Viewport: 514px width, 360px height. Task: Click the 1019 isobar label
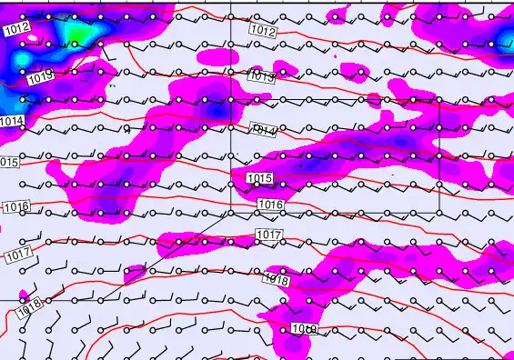coord(304,327)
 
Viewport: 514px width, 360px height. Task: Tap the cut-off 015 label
coord(9,162)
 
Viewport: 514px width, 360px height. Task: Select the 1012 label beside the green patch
coord(16,29)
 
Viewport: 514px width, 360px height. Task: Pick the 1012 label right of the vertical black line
coord(262,31)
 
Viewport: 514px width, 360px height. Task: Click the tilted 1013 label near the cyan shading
coord(39,79)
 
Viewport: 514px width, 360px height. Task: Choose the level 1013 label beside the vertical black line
coord(261,78)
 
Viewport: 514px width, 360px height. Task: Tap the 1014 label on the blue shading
coord(12,121)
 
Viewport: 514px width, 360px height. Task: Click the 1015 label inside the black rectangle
coord(259,177)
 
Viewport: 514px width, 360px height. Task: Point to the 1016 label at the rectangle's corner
coord(269,205)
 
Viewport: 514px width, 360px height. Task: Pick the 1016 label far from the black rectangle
coord(16,207)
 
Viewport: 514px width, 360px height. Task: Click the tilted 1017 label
coord(18,251)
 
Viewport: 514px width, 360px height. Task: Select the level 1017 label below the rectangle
coord(267,235)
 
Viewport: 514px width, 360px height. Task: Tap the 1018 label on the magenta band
coord(276,280)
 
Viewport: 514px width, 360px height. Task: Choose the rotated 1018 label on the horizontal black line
coord(28,307)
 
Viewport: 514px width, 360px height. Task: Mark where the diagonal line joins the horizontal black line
coord(98,299)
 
